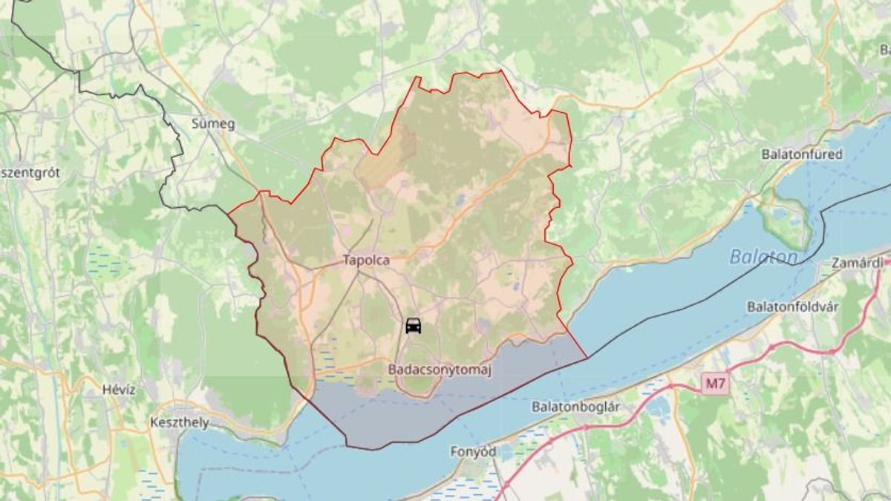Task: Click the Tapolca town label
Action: click(x=366, y=261)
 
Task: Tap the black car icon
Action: click(x=414, y=325)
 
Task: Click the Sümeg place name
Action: click(x=213, y=124)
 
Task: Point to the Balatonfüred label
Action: click(x=802, y=154)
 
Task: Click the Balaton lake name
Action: click(x=763, y=257)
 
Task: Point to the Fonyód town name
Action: click(x=473, y=451)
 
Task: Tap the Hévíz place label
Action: click(x=120, y=390)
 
